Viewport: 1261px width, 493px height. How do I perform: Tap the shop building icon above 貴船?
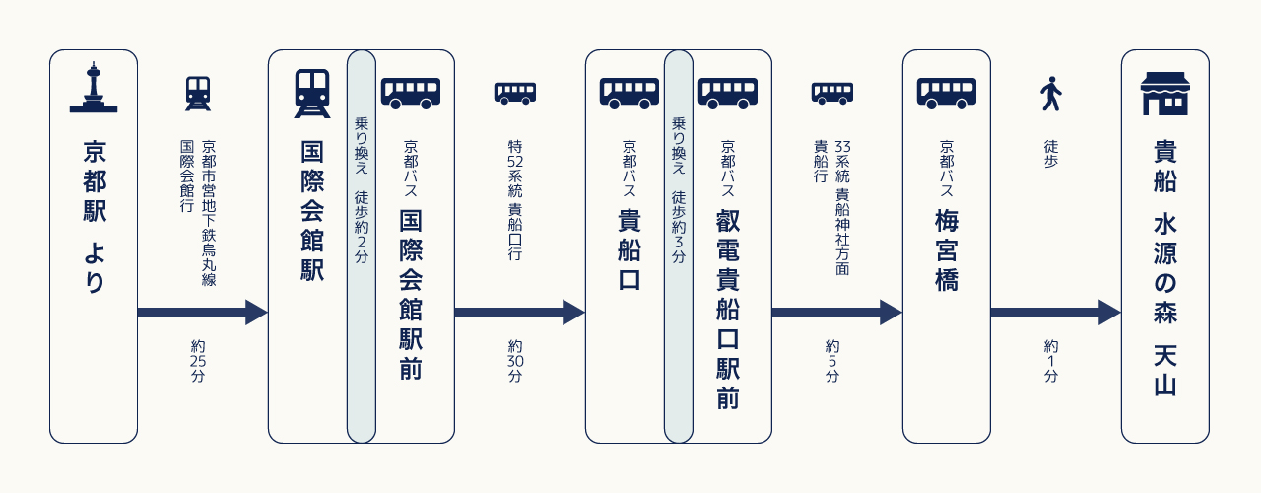(x=1164, y=94)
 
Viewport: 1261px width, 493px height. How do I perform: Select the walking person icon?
(x=1050, y=94)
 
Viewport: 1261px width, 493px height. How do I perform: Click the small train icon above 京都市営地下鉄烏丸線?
(x=198, y=94)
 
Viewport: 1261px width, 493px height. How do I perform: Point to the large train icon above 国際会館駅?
(x=312, y=94)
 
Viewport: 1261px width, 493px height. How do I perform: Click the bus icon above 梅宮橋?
(x=947, y=94)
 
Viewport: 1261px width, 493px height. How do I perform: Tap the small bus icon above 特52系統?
(x=515, y=94)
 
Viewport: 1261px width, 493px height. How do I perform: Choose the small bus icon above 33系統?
(x=832, y=94)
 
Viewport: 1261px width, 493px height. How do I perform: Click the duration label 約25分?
(x=198, y=361)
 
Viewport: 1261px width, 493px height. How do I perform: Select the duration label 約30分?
(x=515, y=361)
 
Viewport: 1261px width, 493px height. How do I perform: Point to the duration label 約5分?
(x=832, y=361)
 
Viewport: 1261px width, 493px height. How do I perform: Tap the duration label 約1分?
(x=1050, y=361)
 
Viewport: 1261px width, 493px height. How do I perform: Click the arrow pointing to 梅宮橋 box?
(x=837, y=313)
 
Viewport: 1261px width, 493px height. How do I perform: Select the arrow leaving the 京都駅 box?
(x=203, y=313)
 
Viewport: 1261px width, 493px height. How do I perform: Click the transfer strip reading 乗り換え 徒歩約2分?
(x=362, y=246)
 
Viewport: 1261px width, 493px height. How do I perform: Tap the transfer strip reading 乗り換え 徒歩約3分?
(x=679, y=246)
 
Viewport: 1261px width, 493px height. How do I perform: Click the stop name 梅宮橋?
(x=947, y=249)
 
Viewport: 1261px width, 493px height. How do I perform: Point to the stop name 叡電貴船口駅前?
(x=728, y=309)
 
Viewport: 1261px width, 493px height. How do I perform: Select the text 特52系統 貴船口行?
(x=515, y=200)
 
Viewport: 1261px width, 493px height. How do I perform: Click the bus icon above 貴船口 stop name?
(x=629, y=94)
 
